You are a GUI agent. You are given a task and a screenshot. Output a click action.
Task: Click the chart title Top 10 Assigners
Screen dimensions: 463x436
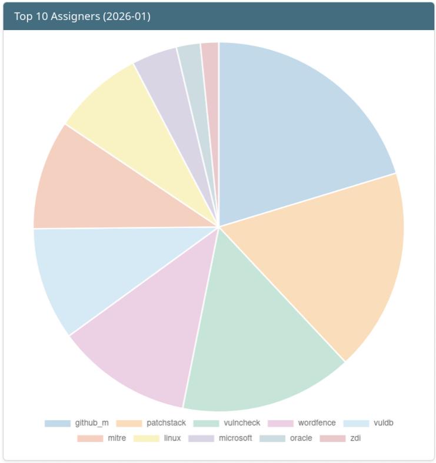pos(82,16)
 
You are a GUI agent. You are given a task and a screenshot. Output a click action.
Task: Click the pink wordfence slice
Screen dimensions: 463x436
pos(153,335)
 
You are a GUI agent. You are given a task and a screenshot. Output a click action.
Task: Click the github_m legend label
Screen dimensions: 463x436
pos(92,423)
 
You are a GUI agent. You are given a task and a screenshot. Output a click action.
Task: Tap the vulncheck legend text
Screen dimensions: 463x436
pos(242,423)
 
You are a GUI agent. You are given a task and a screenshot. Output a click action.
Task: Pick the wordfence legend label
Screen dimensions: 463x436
pos(317,423)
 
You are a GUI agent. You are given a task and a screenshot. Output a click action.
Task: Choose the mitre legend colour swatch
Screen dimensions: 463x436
pos(90,438)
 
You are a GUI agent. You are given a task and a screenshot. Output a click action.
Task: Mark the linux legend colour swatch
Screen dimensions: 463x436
pos(147,438)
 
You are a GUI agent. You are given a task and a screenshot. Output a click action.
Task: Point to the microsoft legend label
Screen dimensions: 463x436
pos(235,438)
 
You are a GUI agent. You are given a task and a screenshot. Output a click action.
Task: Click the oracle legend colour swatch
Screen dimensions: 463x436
pos(272,438)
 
